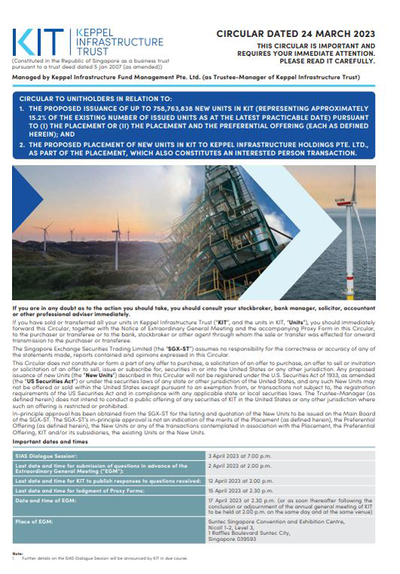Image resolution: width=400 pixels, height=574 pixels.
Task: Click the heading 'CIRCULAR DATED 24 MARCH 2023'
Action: click(x=295, y=34)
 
